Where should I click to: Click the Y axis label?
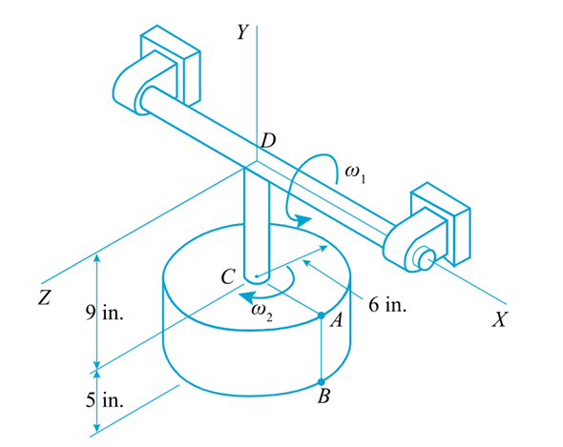coord(244,32)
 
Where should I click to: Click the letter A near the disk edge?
coord(335,321)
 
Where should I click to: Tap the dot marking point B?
coord(322,383)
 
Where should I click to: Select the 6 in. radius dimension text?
coord(387,309)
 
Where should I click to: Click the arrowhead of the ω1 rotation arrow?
coord(304,222)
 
